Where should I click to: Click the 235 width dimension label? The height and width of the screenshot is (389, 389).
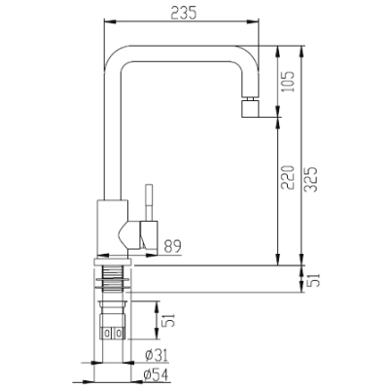coord(184,13)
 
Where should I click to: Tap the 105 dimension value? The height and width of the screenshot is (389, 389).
coord(288,81)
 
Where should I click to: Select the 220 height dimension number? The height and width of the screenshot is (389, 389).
coord(288,177)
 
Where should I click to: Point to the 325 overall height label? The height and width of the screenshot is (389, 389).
coord(311,179)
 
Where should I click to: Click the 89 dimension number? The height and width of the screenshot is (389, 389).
coord(172,246)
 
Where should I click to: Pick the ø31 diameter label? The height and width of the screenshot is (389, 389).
coord(157,356)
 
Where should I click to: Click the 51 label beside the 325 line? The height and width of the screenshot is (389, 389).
coord(314,280)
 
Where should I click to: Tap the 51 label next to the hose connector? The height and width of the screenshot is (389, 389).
coord(168,320)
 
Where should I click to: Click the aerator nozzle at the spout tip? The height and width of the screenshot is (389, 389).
coord(250,107)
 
